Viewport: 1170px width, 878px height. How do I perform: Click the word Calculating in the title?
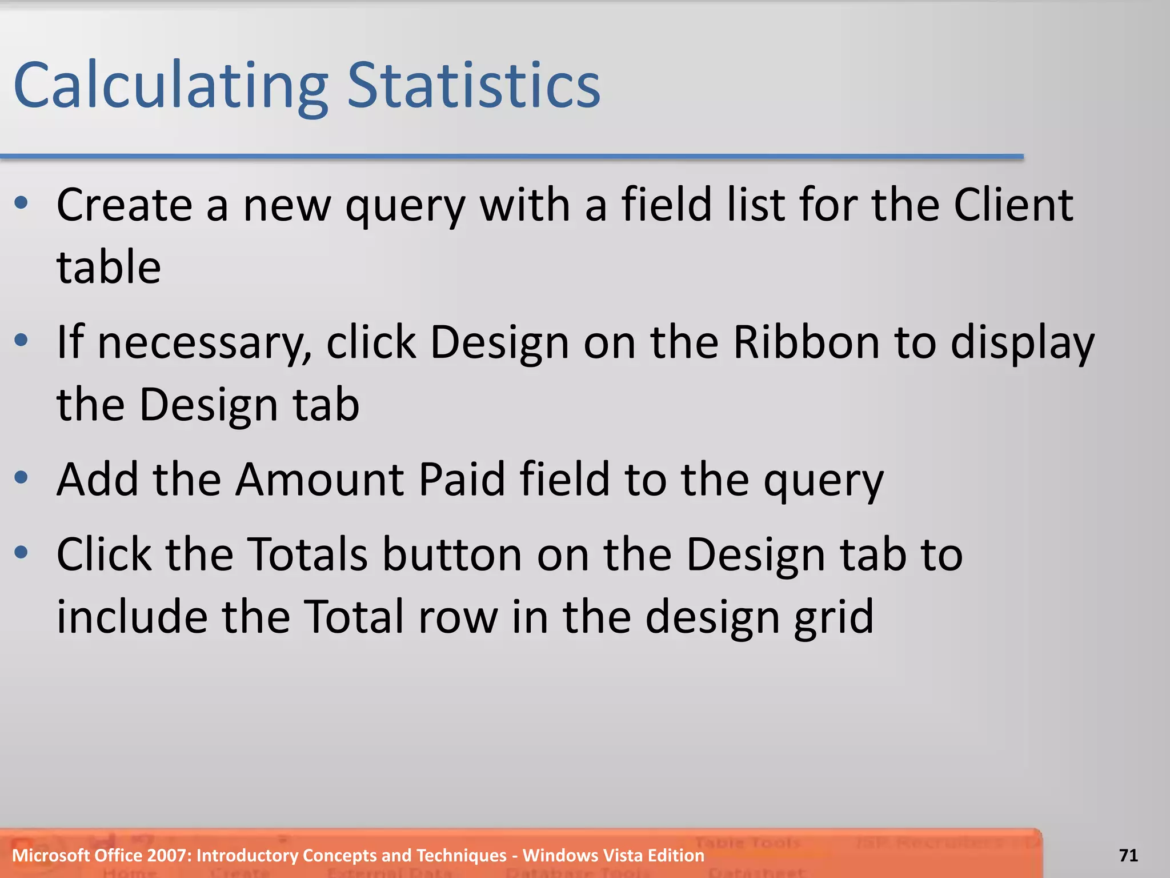click(x=170, y=86)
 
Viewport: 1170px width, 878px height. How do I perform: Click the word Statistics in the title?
click(x=474, y=86)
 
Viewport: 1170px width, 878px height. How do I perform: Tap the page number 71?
click(x=1128, y=855)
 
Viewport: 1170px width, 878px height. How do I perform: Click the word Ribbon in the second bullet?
click(x=806, y=342)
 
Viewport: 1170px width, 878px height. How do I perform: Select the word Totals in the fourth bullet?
click(x=308, y=554)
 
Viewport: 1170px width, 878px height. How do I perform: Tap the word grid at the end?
click(x=834, y=617)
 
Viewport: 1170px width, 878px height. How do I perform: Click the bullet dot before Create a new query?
click(x=22, y=203)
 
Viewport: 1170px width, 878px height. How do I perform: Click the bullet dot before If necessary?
click(x=22, y=341)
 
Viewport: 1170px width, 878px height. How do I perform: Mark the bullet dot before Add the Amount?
click(x=22, y=477)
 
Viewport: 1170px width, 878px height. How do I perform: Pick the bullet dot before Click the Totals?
click(x=22, y=552)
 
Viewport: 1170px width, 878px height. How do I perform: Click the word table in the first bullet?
click(x=109, y=267)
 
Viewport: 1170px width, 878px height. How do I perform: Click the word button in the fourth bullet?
click(x=452, y=554)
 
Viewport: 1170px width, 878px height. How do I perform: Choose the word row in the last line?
click(x=458, y=617)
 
